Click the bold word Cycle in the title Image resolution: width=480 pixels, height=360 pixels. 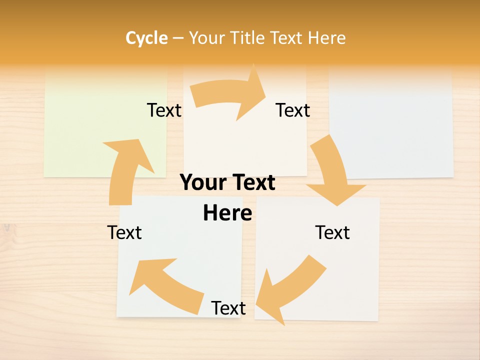point(146,38)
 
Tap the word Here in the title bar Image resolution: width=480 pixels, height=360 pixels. point(326,38)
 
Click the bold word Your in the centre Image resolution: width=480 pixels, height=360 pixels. point(200,183)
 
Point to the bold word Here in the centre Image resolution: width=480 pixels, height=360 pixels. point(227,213)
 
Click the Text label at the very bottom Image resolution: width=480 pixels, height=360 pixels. point(228,308)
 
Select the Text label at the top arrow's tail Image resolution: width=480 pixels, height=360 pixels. point(164,110)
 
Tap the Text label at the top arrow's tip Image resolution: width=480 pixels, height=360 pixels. point(292,110)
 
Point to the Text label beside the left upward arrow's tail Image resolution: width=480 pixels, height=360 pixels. point(124,232)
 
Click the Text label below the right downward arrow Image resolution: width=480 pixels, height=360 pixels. point(332,232)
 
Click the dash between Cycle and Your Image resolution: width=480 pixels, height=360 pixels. point(178,38)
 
